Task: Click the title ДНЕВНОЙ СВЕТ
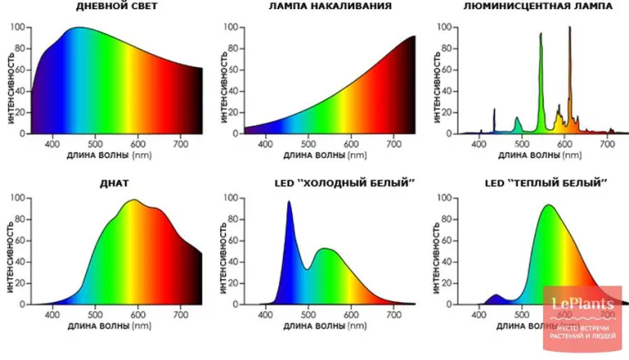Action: coord(117,7)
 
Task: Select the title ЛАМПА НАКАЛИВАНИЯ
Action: coord(329,7)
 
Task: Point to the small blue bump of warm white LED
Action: coord(497,296)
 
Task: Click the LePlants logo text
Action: coord(583,306)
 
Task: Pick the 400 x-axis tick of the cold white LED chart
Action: coord(266,314)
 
